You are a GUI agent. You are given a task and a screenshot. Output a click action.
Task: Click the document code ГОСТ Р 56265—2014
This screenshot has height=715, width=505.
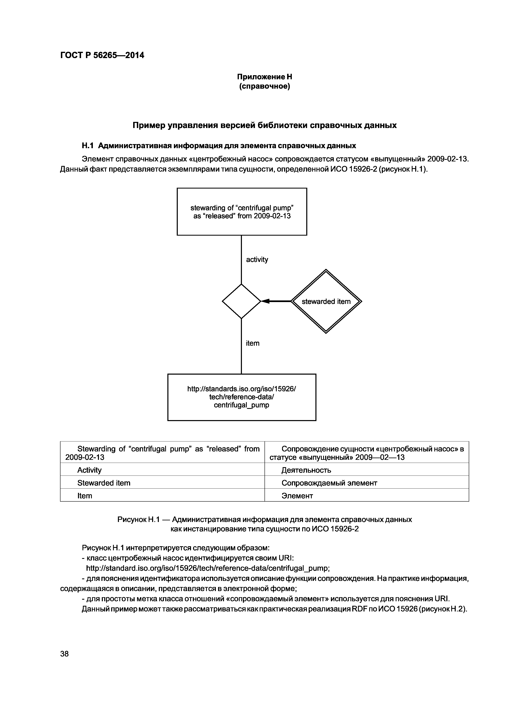click(102, 55)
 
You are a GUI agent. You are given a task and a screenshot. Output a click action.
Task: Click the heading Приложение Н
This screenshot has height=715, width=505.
click(265, 77)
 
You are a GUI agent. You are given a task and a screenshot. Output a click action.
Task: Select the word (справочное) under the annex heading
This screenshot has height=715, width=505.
click(265, 86)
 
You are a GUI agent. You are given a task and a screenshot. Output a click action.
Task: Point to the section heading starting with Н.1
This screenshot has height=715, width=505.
click(219, 146)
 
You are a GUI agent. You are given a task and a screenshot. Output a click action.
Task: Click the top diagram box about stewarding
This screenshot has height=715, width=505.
click(242, 212)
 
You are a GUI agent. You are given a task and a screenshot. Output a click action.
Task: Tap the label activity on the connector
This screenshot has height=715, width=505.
click(257, 259)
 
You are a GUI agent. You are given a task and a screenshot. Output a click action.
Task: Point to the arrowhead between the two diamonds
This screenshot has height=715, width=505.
click(265, 301)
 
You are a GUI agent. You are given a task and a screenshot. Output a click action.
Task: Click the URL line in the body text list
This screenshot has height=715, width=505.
click(207, 568)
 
